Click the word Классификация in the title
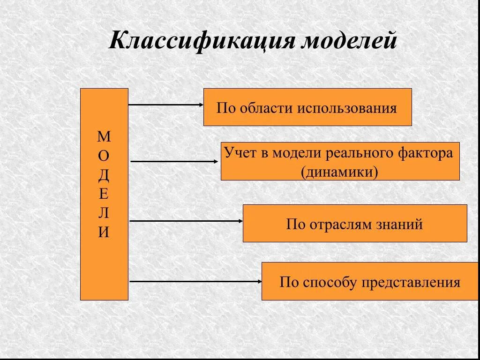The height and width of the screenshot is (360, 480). coord(203,41)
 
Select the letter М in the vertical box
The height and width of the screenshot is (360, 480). coord(104,137)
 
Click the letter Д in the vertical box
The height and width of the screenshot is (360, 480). coord(104,175)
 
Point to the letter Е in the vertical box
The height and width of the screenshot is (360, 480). coord(104,194)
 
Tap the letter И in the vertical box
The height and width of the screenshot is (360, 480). coord(104,232)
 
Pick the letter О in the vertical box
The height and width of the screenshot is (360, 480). coord(104,156)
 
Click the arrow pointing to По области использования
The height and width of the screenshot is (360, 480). coord(166,105)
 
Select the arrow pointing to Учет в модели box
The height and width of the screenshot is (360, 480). coord(174,161)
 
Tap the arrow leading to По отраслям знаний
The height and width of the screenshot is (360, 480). coord(186,221)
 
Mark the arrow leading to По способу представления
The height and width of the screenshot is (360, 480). coord(196,282)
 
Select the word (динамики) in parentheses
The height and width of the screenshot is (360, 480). coord(340,172)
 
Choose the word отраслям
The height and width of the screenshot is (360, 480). coord(340,225)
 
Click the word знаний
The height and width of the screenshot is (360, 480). coord(399,225)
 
